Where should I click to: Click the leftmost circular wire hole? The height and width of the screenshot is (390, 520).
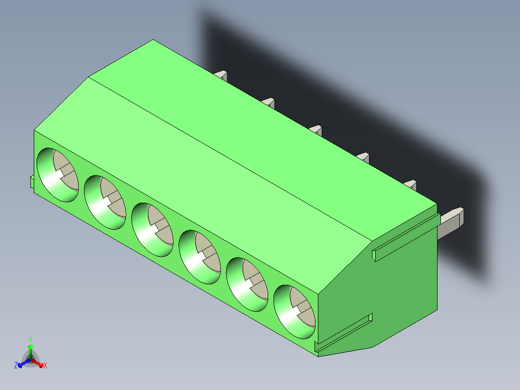coord(57,175)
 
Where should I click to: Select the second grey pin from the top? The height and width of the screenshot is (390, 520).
coord(269,103)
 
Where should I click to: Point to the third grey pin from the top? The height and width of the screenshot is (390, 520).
coord(316,129)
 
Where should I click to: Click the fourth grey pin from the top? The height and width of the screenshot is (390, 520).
coord(363,157)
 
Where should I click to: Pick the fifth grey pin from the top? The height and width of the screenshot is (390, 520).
coord(411,184)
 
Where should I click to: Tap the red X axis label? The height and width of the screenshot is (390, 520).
coord(45,365)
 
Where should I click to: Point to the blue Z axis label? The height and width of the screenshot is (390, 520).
coord(16,365)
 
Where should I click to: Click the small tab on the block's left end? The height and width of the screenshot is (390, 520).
coord(32,181)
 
